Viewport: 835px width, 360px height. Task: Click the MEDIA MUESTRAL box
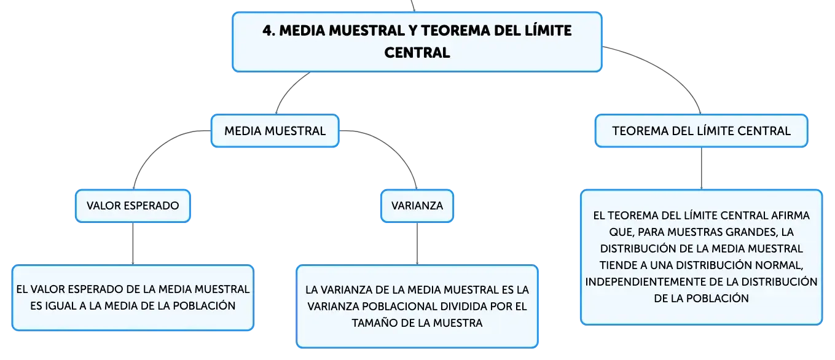click(x=275, y=131)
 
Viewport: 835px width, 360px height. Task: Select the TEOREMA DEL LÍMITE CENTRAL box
click(x=702, y=131)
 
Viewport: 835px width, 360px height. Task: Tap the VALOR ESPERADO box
click(x=133, y=206)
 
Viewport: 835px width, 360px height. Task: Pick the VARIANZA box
click(x=417, y=206)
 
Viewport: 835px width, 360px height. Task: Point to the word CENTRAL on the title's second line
click(x=417, y=53)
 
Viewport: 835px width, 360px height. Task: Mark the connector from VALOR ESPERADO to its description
click(x=133, y=244)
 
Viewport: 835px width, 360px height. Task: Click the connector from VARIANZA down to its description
click(x=417, y=244)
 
